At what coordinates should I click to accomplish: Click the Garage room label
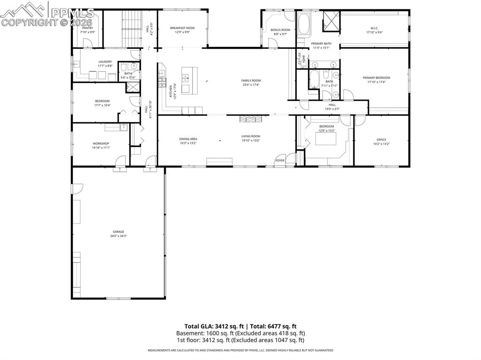(x=118, y=231)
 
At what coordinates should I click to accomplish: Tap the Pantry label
(x=87, y=28)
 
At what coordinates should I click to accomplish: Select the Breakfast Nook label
(x=182, y=28)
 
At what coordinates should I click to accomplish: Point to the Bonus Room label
(x=280, y=30)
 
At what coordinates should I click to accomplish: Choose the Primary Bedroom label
(x=376, y=78)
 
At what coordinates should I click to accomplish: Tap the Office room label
(x=381, y=139)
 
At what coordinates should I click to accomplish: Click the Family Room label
(x=251, y=80)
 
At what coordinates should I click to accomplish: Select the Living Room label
(x=251, y=136)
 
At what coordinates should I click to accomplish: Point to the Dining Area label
(x=188, y=139)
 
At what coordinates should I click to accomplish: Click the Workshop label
(x=101, y=143)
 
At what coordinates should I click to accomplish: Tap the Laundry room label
(x=105, y=62)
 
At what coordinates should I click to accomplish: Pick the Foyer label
(x=280, y=160)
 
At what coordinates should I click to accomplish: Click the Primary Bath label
(x=321, y=43)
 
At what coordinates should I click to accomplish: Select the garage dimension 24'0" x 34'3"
(x=118, y=236)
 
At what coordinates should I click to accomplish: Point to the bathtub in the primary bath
(x=304, y=24)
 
